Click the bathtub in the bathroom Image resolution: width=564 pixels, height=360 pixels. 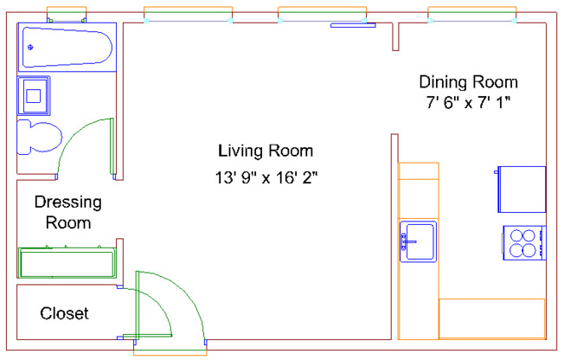pyautogui.click(x=67, y=48)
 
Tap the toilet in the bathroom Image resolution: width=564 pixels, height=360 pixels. pyautogui.click(x=39, y=138)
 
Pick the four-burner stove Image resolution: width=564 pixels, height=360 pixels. pyautogui.click(x=523, y=242)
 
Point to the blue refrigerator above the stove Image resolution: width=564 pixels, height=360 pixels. pyautogui.click(x=522, y=189)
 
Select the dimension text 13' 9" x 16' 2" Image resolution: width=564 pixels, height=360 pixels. pyautogui.click(x=267, y=178)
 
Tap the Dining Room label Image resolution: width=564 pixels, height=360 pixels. pyautogui.click(x=468, y=82)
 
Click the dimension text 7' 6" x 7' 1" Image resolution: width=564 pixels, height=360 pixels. pyautogui.click(x=468, y=103)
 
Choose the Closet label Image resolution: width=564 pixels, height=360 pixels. pyautogui.click(x=64, y=313)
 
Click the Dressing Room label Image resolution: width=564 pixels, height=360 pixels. pyautogui.click(x=67, y=212)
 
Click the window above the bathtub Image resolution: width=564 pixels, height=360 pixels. pyautogui.click(x=67, y=15)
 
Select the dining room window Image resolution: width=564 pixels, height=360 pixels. pyautogui.click(x=471, y=15)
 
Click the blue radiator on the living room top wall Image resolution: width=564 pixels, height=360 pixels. pyautogui.click(x=353, y=25)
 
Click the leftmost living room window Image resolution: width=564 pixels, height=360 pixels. pyautogui.click(x=188, y=15)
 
